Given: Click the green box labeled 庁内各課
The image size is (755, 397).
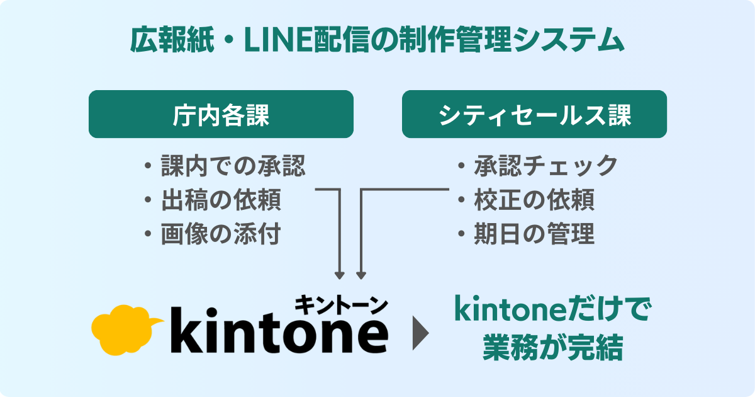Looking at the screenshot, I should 220,114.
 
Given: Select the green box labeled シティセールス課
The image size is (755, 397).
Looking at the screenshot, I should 534,114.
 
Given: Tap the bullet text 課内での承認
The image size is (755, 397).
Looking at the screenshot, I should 233,166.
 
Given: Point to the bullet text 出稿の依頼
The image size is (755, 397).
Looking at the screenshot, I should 221,200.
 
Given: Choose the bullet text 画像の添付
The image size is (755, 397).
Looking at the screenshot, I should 221,234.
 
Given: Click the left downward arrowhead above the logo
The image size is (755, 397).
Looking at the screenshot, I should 340,275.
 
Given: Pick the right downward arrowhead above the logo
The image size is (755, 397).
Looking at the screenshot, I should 361,275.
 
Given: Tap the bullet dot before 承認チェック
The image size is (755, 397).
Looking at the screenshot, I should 461,166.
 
